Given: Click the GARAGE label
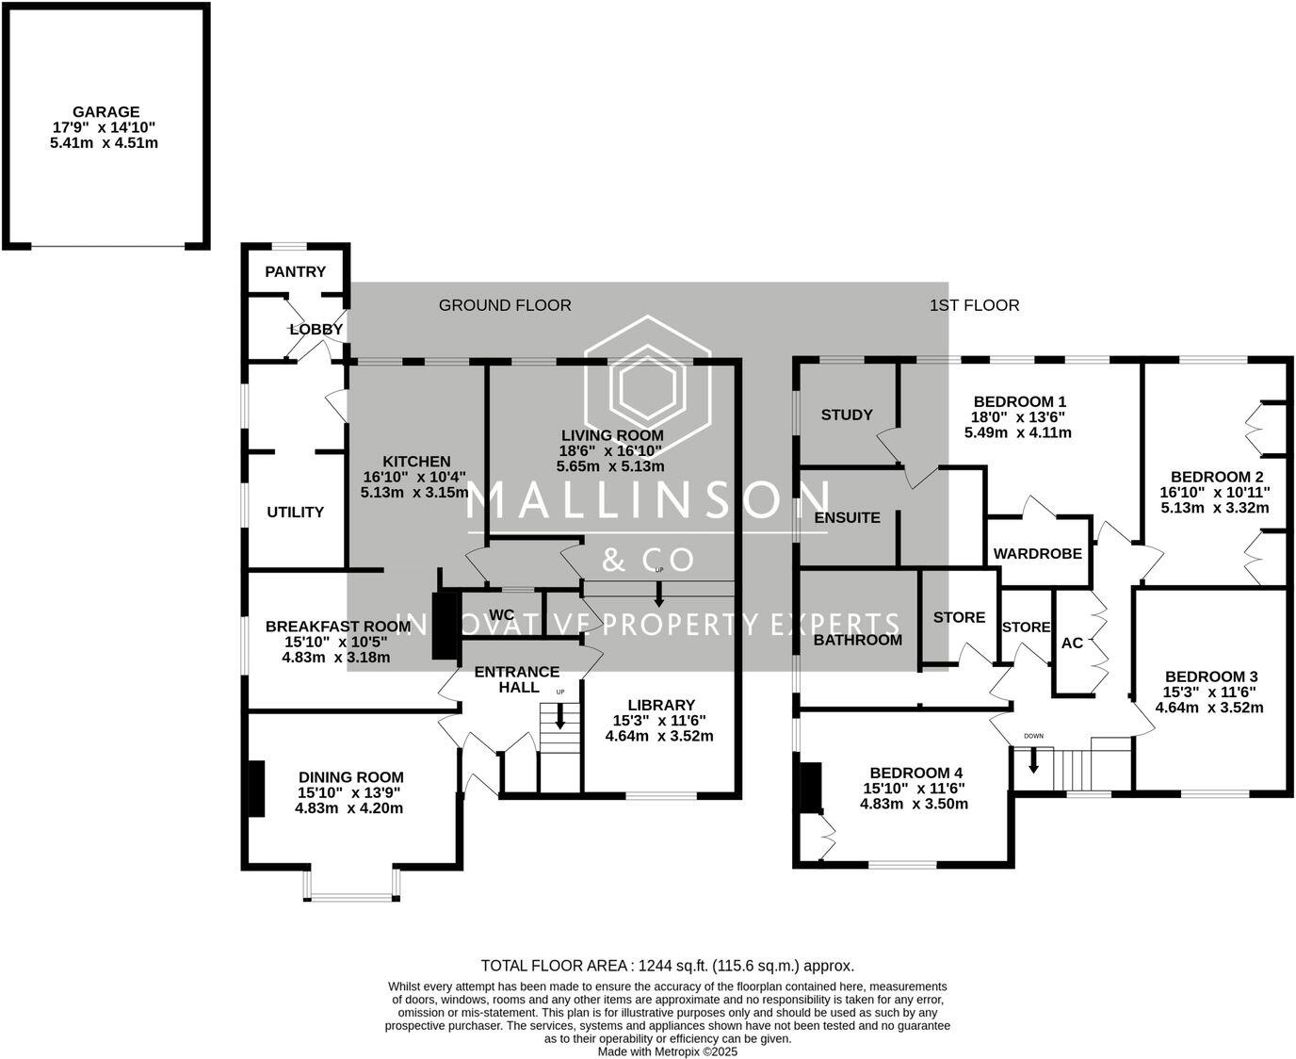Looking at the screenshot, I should tap(105, 111).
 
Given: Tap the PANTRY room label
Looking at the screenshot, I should tap(295, 271).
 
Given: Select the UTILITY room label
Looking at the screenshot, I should tap(295, 512).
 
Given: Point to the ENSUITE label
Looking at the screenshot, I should tap(847, 517).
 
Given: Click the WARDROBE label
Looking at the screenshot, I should tap(1037, 553).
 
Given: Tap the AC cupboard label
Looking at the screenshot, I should tap(1072, 644).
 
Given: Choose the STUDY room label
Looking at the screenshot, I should tap(846, 415).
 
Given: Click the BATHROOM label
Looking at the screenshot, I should tap(857, 640).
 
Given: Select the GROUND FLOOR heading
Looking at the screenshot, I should tap(505, 304).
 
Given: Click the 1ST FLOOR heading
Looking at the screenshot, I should tap(974, 304).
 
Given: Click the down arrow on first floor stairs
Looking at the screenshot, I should tap(1033, 759).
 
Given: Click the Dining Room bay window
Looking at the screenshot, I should tap(351, 896).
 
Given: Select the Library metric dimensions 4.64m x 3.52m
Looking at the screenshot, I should tap(658, 735).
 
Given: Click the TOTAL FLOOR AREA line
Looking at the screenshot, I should tap(667, 965).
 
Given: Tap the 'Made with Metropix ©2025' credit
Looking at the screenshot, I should tap(667, 1051).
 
